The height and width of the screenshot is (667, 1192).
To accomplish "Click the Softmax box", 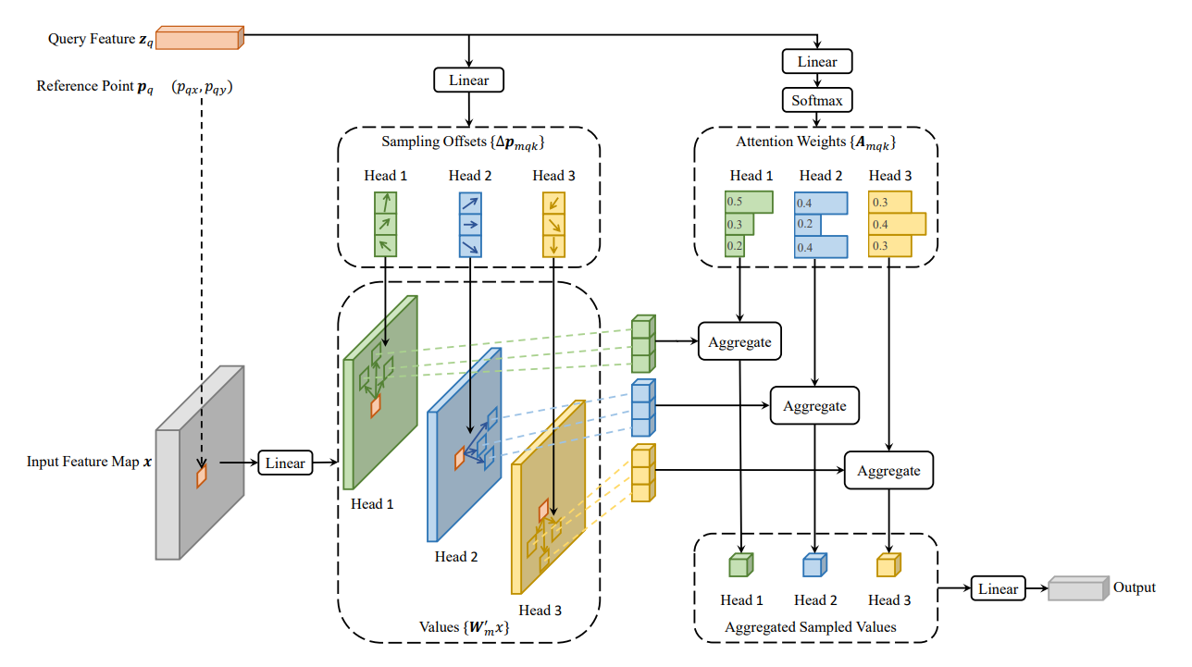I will click(817, 100).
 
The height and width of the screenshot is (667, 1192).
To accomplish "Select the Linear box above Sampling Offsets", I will click(469, 80).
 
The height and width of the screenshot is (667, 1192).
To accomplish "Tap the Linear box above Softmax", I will click(817, 62).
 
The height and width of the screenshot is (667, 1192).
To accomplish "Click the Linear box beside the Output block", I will click(999, 588).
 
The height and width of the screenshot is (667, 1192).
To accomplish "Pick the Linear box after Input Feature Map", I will click(286, 463).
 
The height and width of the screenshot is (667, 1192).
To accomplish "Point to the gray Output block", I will click(1077, 588).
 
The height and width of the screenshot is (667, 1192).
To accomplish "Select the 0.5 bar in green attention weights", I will click(749, 202).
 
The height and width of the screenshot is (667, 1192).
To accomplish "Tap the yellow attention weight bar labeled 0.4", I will click(896, 224).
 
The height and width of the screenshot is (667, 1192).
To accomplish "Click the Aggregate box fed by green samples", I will click(740, 341).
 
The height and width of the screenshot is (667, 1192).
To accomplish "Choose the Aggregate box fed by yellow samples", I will click(888, 470).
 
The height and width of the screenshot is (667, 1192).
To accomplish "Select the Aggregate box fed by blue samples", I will click(814, 405).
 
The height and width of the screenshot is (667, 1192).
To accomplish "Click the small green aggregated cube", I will click(741, 564).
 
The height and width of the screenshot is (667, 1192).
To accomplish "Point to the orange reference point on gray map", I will click(201, 476).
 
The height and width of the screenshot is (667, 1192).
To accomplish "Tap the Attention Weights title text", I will click(815, 142).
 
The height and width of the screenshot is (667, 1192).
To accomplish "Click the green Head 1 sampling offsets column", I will click(384, 223).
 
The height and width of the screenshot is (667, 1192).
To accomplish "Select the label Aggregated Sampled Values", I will click(811, 627).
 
